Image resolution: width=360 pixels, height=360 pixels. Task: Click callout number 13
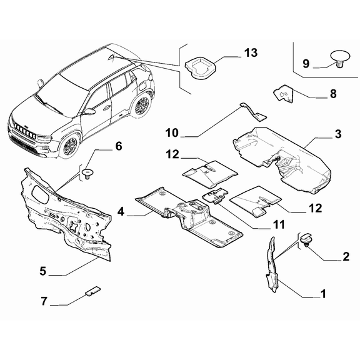(251, 53)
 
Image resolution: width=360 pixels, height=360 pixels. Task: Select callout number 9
(306, 63)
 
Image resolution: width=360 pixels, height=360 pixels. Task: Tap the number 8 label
(333, 94)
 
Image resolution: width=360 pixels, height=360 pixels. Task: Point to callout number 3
(337, 134)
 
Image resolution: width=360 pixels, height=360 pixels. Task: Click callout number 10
(172, 132)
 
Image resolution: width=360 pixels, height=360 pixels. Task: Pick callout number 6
(118, 147)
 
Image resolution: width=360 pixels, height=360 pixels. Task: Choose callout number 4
(121, 213)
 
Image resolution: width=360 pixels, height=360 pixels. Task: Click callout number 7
(44, 301)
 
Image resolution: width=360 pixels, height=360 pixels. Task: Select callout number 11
(279, 224)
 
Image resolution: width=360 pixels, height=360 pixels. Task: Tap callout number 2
(346, 257)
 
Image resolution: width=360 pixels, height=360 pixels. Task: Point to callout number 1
(323, 292)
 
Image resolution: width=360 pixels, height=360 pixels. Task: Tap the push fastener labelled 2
(306, 240)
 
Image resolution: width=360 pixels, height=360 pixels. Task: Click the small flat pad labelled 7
(92, 290)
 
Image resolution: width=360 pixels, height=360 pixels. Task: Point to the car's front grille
(23, 132)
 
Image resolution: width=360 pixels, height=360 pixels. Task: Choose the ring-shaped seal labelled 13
(201, 66)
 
